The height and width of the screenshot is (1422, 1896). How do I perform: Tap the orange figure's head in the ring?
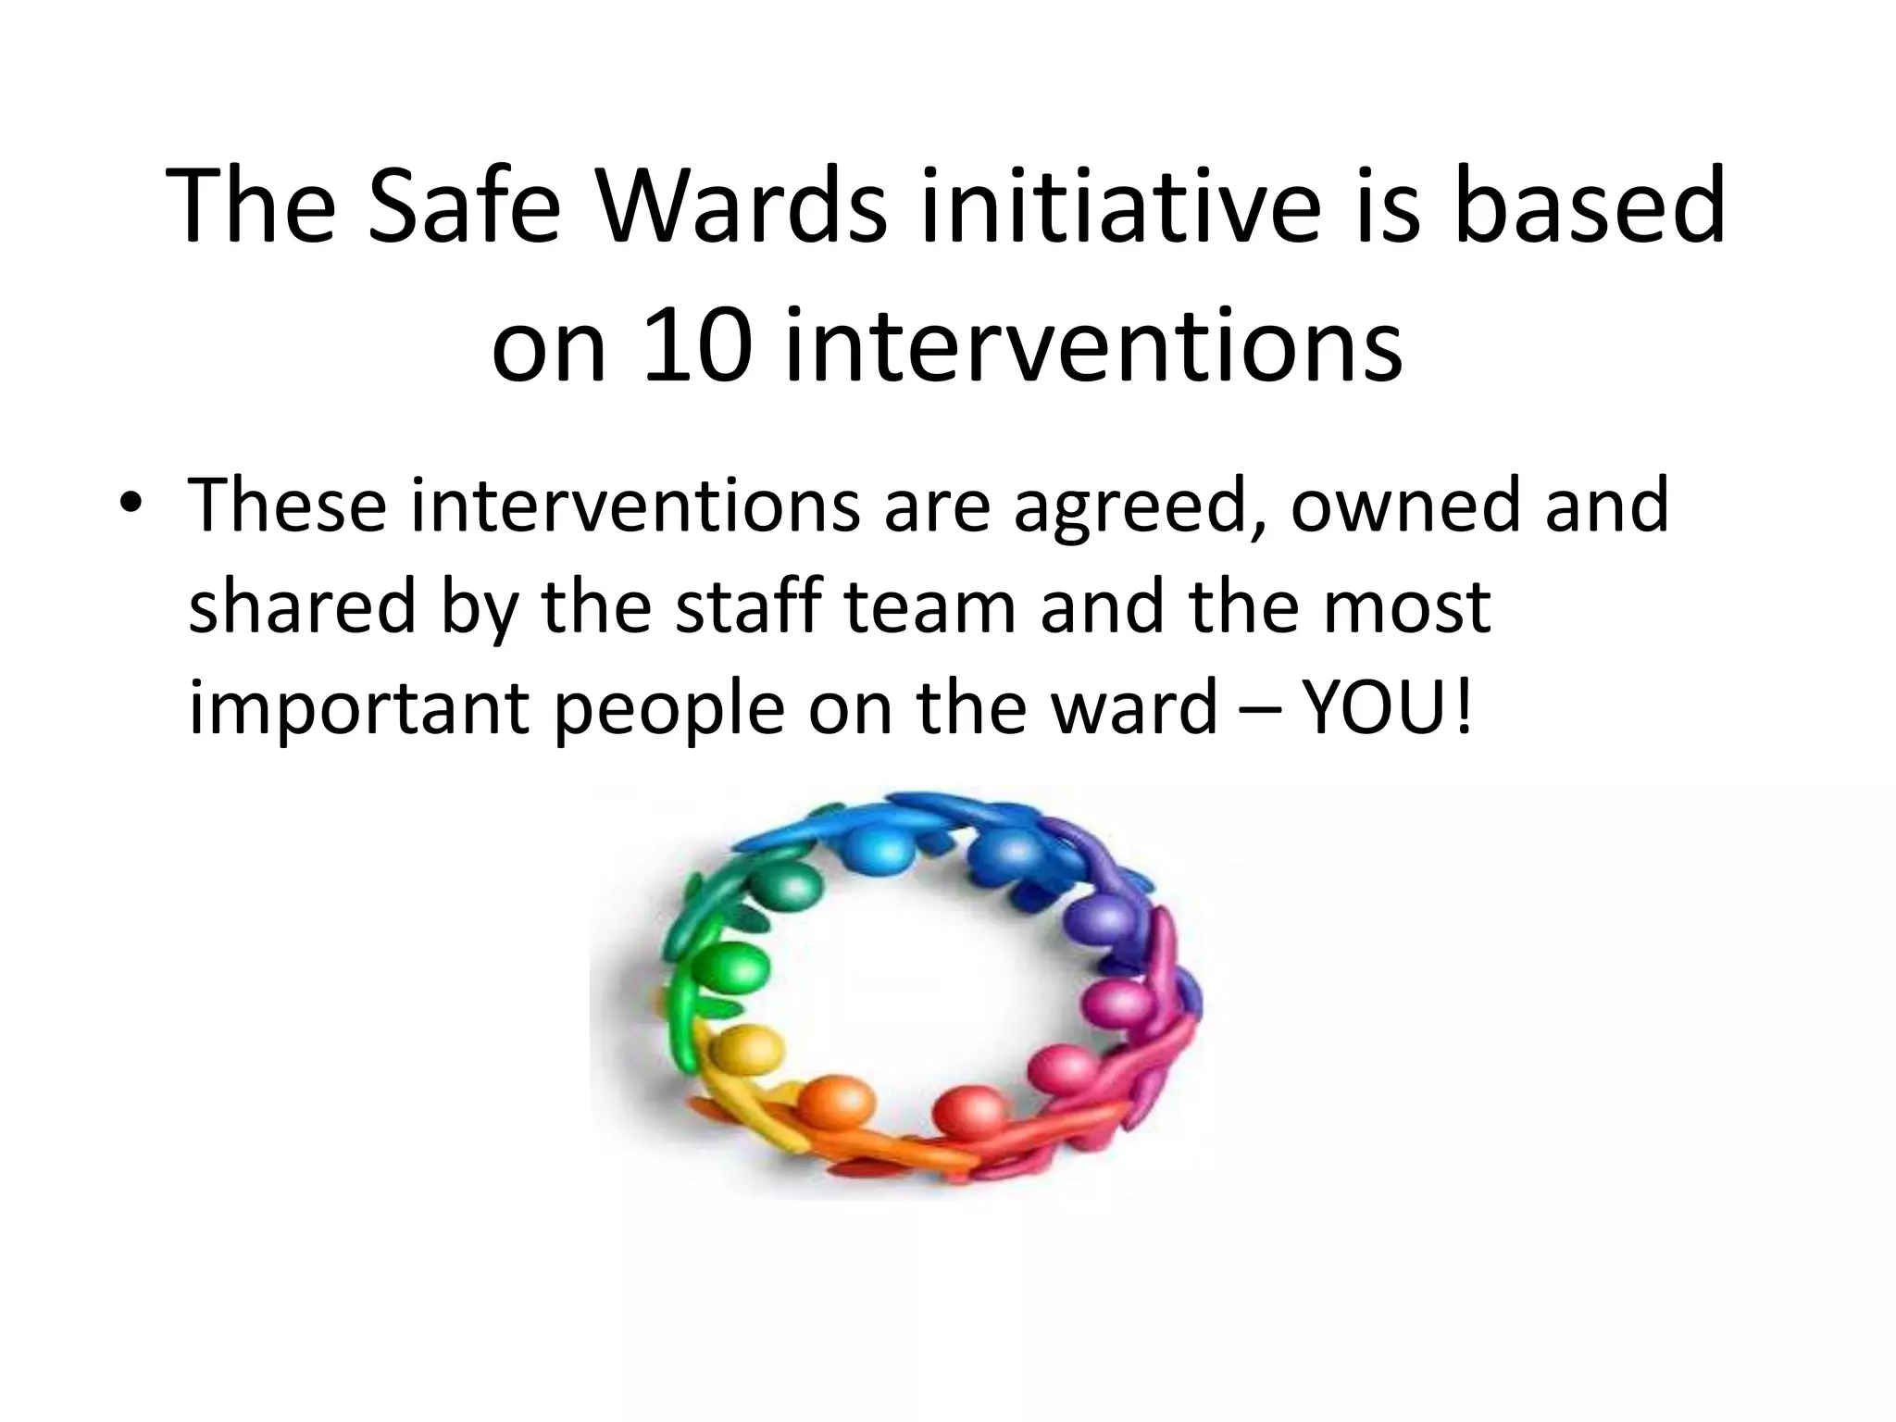pyautogui.click(x=836, y=1102)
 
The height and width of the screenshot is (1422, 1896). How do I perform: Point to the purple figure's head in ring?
pyautogui.click(x=1101, y=917)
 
